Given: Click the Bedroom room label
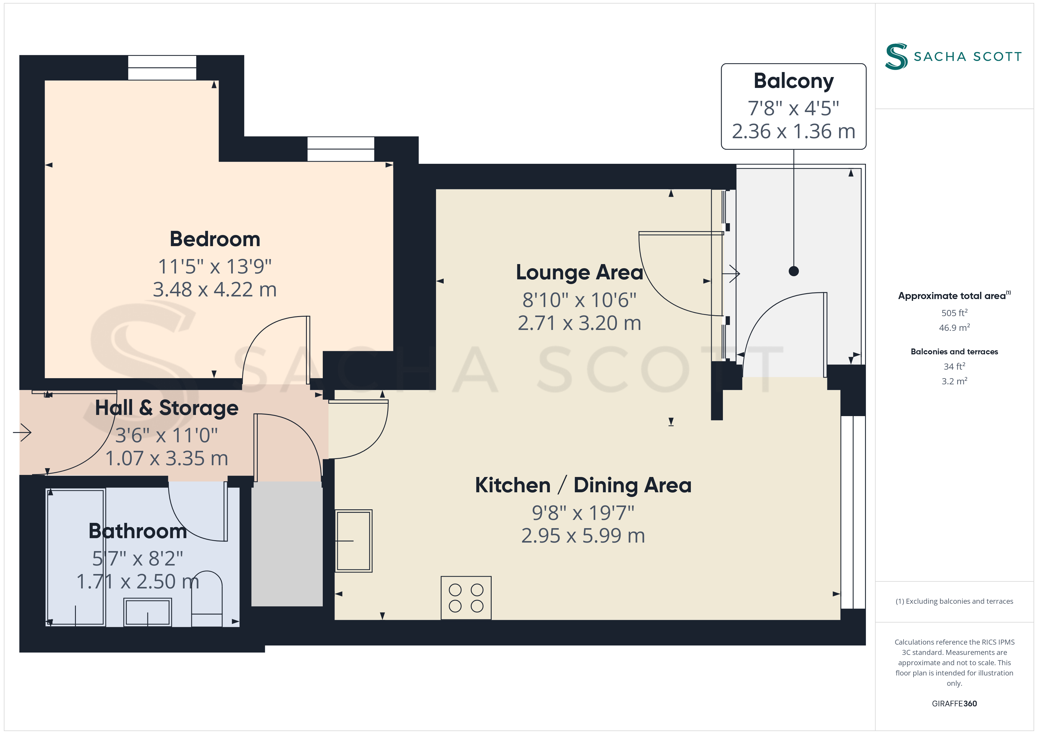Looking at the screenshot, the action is coord(215,239).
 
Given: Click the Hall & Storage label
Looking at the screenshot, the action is coord(167,408).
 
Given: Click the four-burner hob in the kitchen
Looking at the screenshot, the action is coord(466,598).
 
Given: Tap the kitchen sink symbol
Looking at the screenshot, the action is coord(354,541).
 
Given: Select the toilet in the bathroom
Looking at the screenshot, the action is coord(207,598).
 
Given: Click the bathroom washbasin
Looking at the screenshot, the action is coord(148,612).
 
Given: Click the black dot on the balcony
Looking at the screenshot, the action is coord(794,271).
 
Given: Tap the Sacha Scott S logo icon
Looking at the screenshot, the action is coord(896,56).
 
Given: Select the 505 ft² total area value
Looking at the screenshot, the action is coord(954,313).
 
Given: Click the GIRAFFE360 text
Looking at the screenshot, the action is coord(954,704).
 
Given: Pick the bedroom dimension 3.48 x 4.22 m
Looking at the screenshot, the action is coord(215,290).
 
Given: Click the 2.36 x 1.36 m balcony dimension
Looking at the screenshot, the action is coord(794,131).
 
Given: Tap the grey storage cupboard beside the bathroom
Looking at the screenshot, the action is coord(287,544).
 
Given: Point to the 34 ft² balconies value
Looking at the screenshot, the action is coord(954,366).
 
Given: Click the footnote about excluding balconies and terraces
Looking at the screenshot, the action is coord(954,601).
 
